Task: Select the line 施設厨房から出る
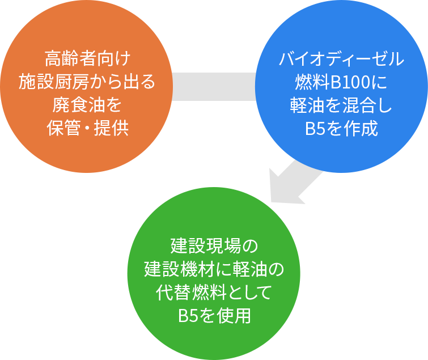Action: click(87, 82)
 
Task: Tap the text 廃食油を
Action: click(87, 105)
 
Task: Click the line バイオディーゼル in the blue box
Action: click(341, 58)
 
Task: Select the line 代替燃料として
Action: click(214, 293)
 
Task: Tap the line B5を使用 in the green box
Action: click(214, 316)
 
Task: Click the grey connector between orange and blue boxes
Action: click(213, 87)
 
